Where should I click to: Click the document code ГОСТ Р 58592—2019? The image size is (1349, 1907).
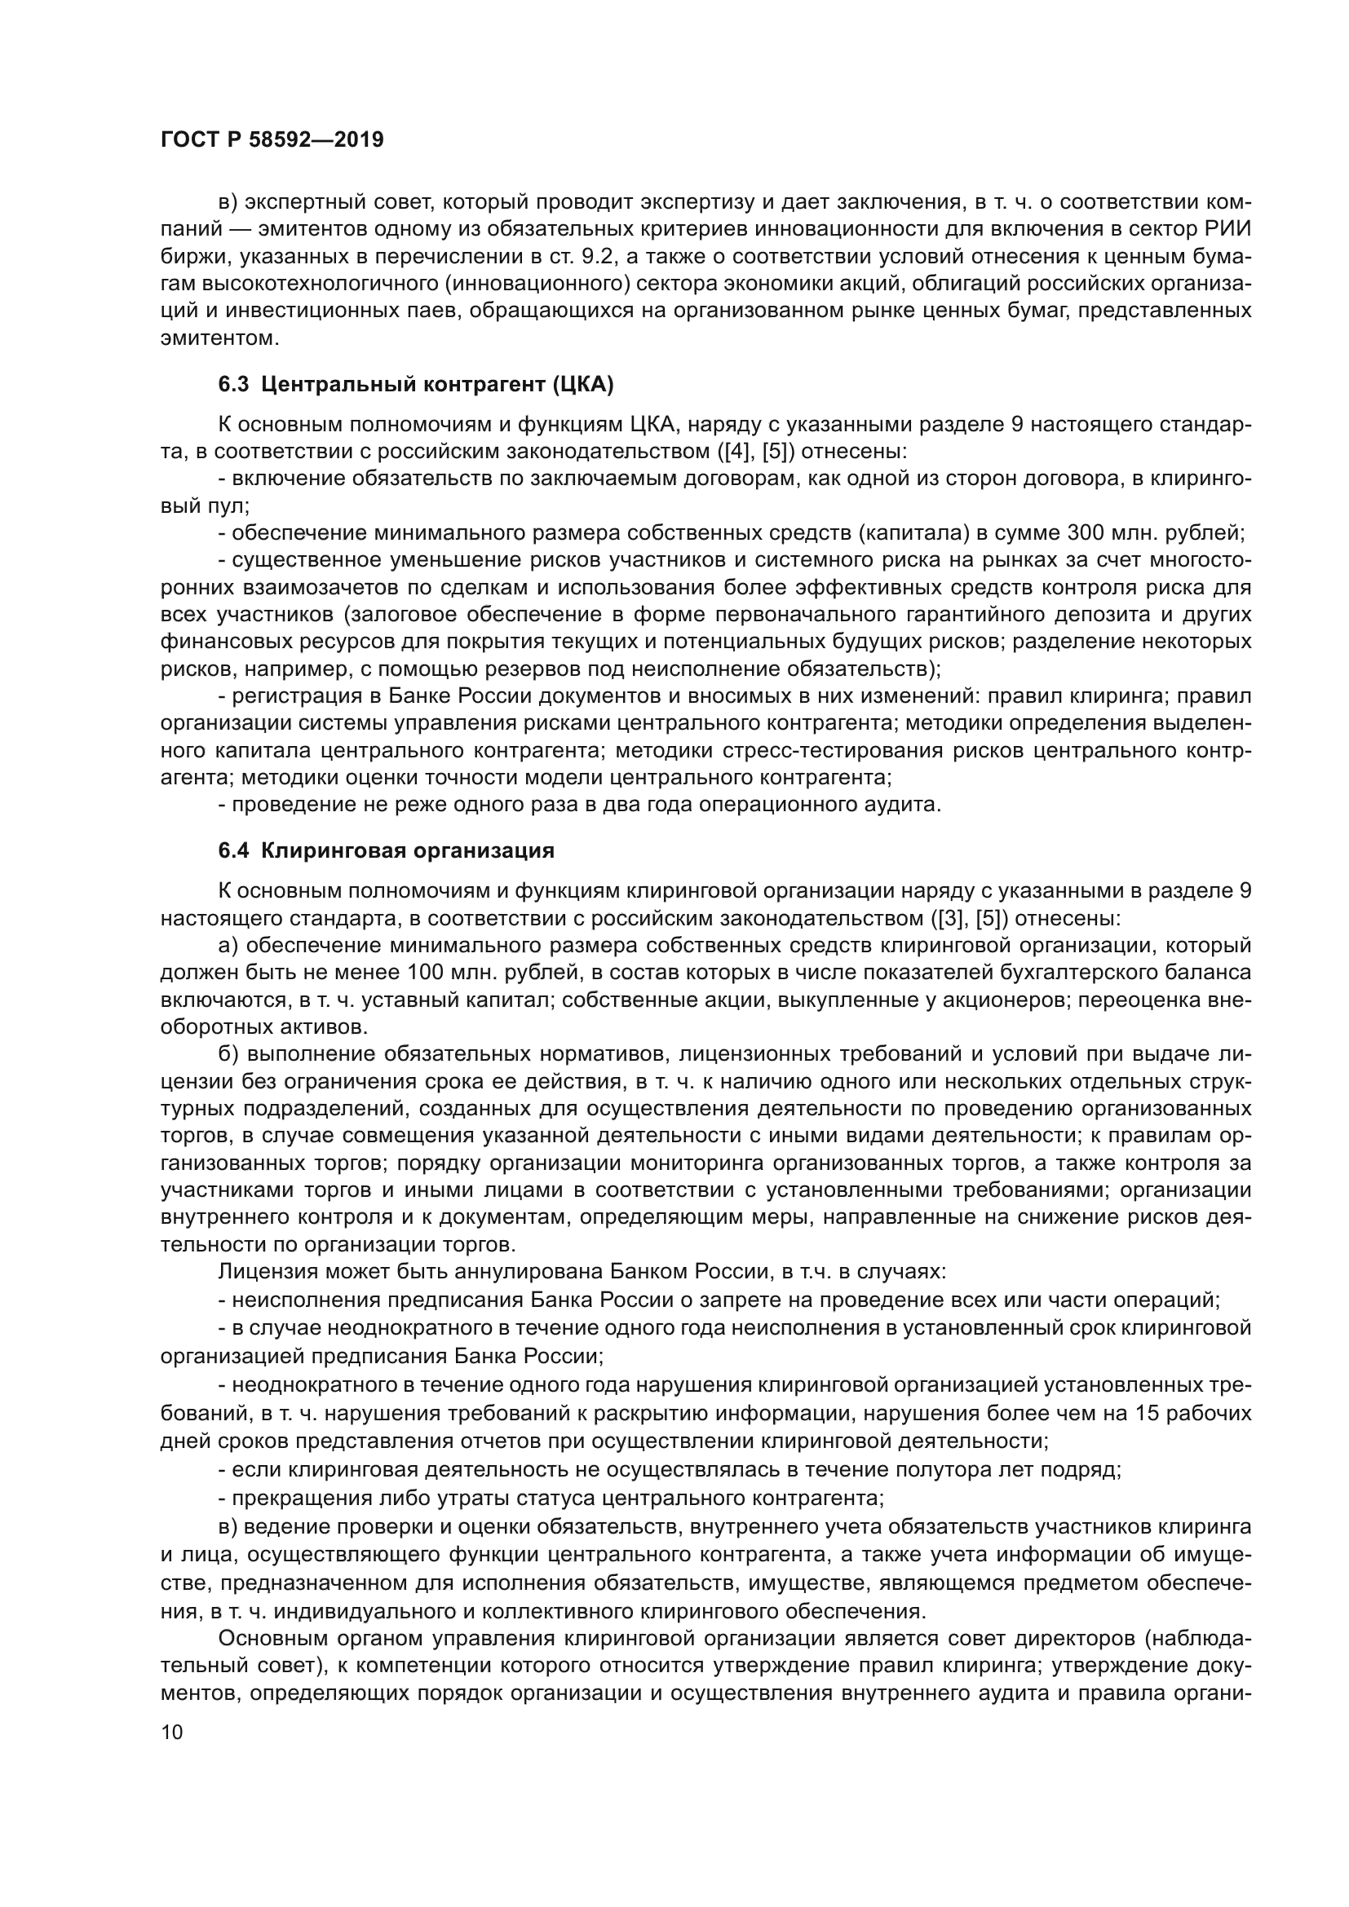[x=272, y=139]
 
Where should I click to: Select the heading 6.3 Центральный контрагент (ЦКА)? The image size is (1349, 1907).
[x=415, y=384]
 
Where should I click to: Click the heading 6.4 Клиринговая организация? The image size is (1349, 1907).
[x=387, y=850]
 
